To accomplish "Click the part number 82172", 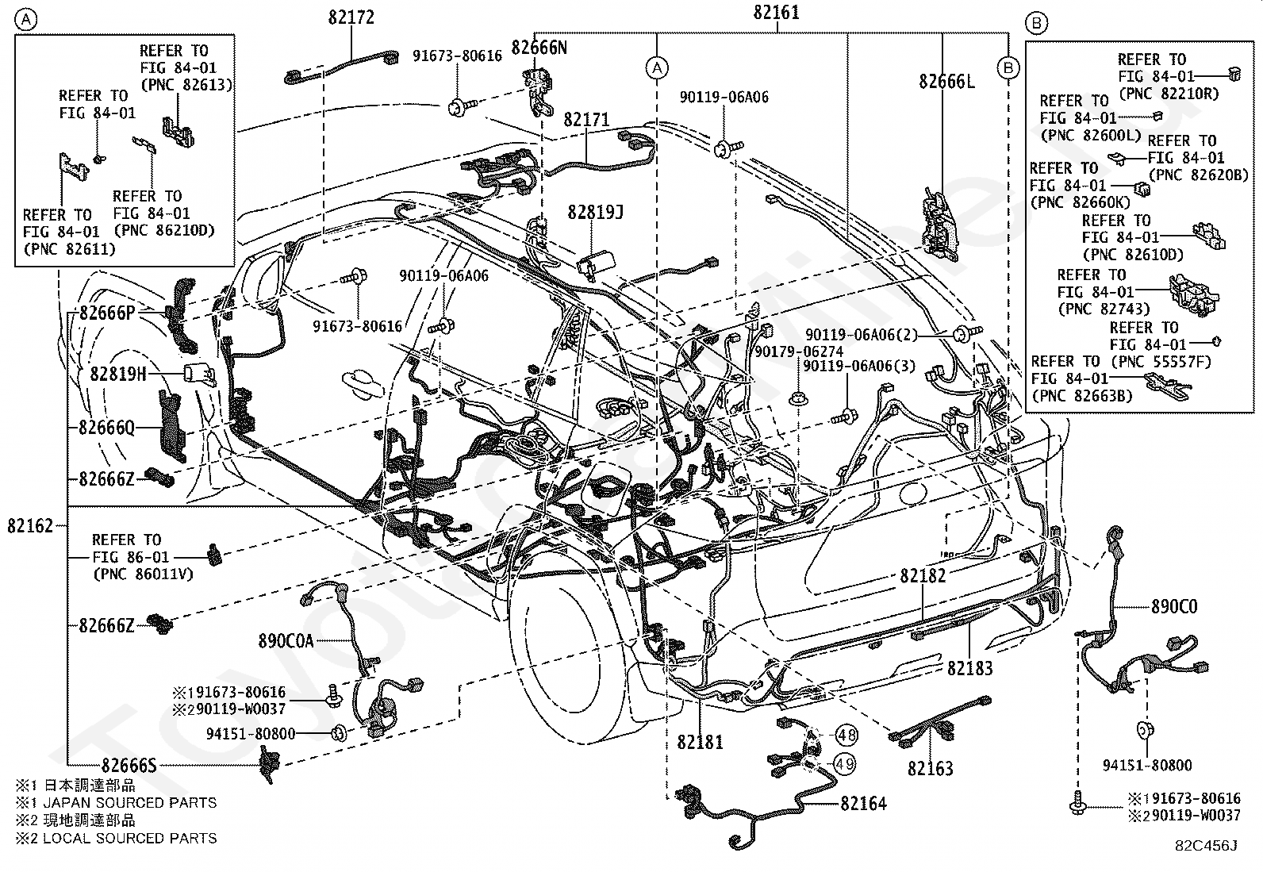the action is [351, 17].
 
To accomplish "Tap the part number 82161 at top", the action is [776, 13].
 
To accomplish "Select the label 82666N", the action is [539, 48].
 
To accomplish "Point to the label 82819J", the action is [596, 212].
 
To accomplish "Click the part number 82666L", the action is [946, 82].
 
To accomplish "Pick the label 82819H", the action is [118, 374].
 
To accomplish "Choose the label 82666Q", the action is [106, 428].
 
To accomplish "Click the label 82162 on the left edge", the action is [30, 526].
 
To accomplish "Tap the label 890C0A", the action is [286, 641].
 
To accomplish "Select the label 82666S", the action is [129, 766].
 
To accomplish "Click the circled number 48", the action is [846, 735].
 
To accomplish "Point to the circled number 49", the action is [844, 764].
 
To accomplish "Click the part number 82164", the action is [863, 803].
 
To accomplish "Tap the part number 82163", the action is [931, 768].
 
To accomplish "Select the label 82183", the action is [969, 668].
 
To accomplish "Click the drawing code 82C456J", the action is [1206, 846].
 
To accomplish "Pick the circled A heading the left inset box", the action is [26, 21].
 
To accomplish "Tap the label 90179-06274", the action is [799, 351].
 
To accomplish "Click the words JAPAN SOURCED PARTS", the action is [130, 803].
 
